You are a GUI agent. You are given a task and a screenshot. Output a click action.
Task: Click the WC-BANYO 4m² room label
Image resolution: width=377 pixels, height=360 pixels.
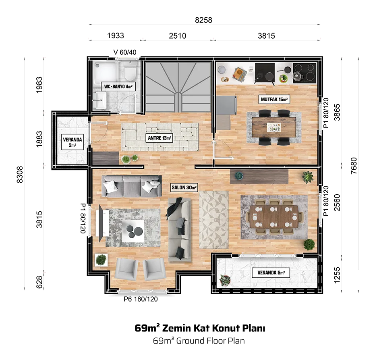[x=118, y=86]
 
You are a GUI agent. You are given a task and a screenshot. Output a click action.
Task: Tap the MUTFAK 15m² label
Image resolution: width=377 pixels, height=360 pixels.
[x=274, y=99]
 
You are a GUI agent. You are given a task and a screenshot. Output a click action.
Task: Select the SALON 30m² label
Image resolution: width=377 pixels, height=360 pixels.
[x=184, y=187]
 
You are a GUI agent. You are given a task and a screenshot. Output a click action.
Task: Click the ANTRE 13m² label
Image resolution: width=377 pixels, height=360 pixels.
[x=159, y=138]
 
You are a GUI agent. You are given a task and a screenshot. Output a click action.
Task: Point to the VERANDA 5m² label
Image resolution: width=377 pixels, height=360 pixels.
[x=271, y=273]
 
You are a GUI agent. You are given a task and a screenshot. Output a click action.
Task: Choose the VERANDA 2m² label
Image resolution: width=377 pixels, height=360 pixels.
[x=72, y=142]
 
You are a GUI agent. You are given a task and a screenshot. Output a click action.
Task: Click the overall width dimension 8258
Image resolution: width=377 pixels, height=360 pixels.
[x=203, y=20]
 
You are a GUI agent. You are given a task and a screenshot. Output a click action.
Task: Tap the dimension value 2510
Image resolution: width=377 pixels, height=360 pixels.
[x=178, y=36]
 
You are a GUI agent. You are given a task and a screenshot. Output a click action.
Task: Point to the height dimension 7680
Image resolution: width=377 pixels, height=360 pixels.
[x=354, y=166]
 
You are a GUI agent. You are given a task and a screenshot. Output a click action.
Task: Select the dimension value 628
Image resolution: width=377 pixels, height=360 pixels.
[x=39, y=282]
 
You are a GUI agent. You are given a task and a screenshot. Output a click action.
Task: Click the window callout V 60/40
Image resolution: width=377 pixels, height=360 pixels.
[x=125, y=52]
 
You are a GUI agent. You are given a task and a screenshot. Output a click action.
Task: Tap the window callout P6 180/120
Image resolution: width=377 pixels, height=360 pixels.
[x=141, y=299]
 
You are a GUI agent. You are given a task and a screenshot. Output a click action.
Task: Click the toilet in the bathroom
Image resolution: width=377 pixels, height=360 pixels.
[x=130, y=71]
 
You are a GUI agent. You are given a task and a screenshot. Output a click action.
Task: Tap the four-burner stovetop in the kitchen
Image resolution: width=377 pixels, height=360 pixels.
[x=304, y=73]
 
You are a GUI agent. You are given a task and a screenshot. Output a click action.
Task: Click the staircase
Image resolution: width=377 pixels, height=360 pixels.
[x=178, y=87]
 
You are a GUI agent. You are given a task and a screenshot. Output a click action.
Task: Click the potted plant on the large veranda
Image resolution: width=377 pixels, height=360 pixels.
[x=225, y=280]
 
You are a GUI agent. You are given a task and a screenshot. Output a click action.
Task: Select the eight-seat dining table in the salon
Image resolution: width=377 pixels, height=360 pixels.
[x=274, y=216]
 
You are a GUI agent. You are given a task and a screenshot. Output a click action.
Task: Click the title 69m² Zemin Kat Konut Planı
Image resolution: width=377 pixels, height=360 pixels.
[x=200, y=328]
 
